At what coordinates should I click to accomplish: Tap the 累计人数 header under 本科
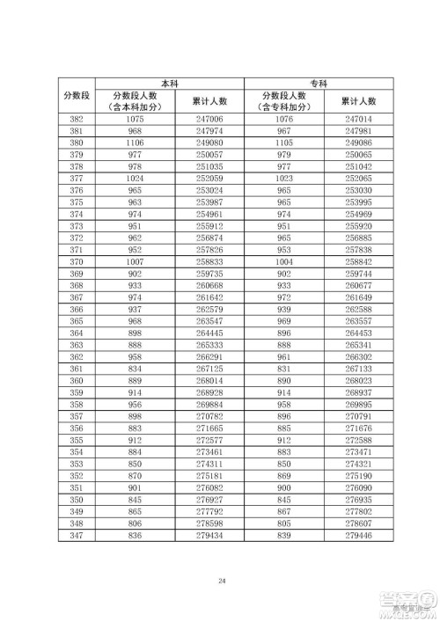point(209,101)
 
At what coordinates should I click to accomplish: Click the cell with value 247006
point(209,118)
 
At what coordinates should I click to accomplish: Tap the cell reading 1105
point(283,142)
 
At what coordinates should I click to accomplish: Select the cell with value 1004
point(283,262)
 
